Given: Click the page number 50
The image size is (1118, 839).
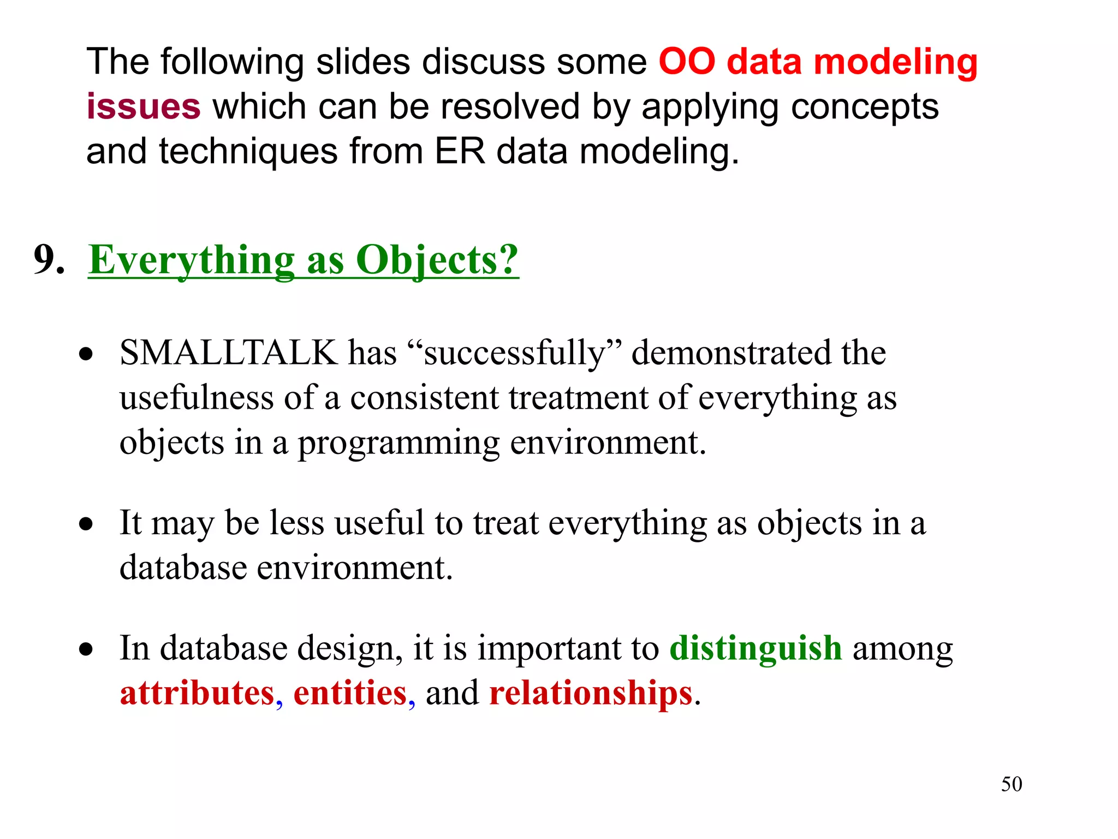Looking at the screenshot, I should coord(1011,784).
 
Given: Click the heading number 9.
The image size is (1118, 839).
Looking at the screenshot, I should coord(49,259).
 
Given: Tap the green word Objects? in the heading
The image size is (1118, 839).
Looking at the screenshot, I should coord(437,260).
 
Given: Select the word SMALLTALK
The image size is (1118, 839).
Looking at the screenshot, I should coord(228,352).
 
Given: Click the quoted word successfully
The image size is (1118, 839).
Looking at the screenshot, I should coord(515,353).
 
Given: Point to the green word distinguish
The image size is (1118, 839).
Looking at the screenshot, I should coord(756,648).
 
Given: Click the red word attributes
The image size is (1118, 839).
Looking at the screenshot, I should coord(197,693).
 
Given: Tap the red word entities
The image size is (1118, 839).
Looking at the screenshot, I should coord(350,693).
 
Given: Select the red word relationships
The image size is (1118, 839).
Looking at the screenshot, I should coord(591,693).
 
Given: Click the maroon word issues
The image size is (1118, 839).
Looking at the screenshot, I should coord(144,106).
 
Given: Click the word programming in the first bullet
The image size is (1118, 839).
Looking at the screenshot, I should coord(398,443).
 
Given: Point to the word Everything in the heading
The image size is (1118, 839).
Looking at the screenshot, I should coord(191,260).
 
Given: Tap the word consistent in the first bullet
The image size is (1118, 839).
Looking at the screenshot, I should coord(424,398).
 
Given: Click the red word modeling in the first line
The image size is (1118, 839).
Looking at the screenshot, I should coord(895,62).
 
